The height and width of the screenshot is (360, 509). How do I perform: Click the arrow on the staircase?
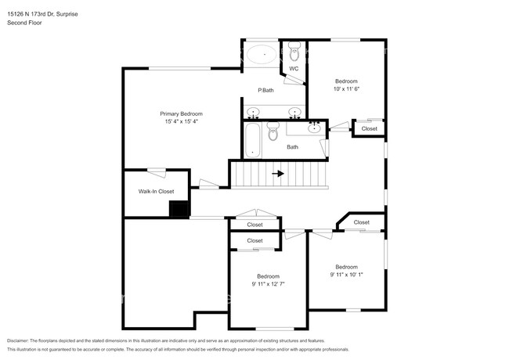click(277, 174)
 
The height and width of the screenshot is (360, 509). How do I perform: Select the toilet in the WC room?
click(294, 54)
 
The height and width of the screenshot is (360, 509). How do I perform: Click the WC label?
click(294, 69)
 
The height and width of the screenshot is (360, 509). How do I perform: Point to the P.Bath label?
click(266, 90)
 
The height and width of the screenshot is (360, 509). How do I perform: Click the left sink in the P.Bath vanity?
click(253, 112)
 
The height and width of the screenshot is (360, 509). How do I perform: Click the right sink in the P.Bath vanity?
click(294, 112)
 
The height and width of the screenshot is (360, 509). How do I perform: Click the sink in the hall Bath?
click(315, 128)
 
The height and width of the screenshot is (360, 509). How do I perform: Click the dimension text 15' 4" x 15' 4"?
click(181, 121)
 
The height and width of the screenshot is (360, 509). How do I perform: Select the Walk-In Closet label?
click(156, 191)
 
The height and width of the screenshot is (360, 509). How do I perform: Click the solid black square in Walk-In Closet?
click(180, 208)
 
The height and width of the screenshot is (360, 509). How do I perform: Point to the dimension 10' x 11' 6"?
click(346, 89)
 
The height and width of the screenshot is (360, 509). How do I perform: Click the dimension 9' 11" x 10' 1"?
click(346, 275)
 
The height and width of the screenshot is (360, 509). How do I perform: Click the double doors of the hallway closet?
click(255, 214)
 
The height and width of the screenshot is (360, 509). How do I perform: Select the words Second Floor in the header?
click(25, 23)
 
